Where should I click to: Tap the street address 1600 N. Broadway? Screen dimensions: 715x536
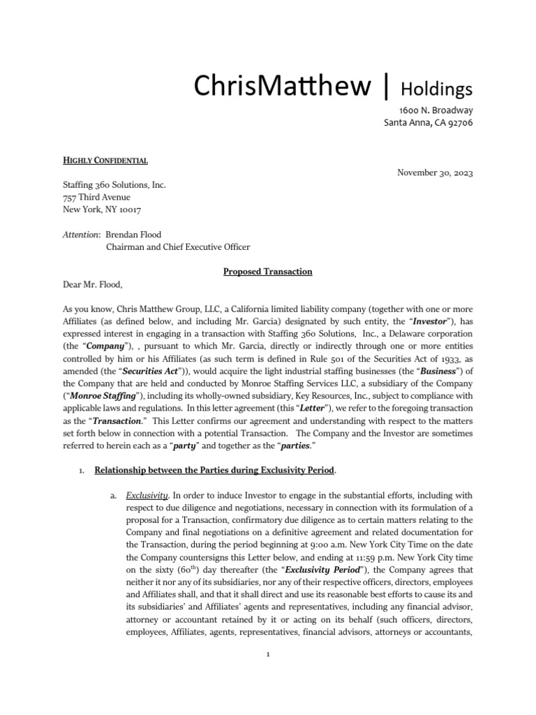(436, 110)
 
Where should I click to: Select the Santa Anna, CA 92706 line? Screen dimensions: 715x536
(429, 123)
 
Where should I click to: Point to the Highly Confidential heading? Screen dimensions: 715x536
(105, 160)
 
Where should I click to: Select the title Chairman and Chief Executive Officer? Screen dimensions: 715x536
(177, 246)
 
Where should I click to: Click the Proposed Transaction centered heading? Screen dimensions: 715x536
(268, 271)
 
